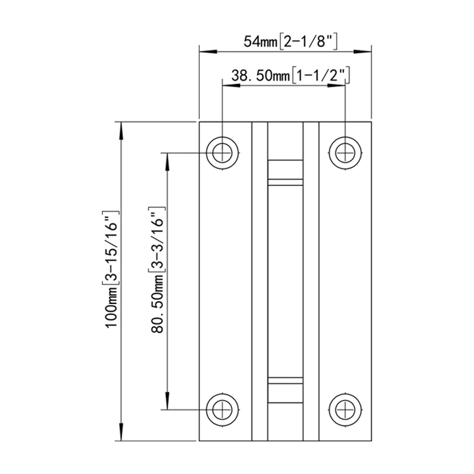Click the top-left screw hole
pos(223,152)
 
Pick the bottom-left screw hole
pos(223,409)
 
